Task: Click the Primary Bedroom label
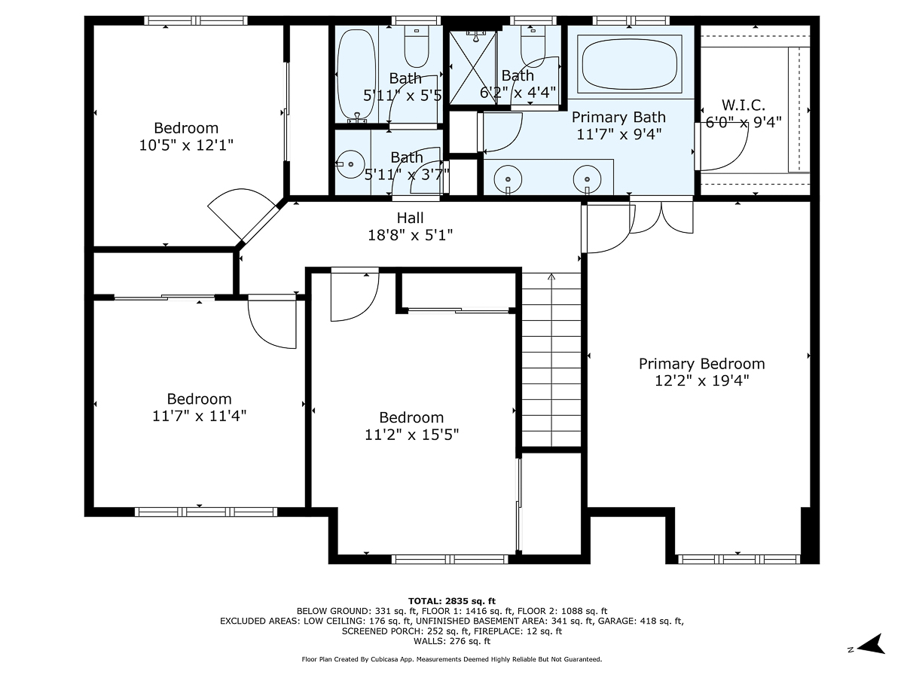tap(701, 364)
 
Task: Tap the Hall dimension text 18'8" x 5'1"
tap(411, 235)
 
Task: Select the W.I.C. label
tap(743, 105)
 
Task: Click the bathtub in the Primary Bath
tap(629, 64)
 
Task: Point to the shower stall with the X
tap(472, 68)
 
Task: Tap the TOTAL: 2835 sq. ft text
tap(452, 601)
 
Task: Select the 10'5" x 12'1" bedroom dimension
tap(186, 145)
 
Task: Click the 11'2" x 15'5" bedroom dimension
tap(411, 435)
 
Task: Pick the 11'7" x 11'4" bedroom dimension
tap(200, 416)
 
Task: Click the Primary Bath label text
tap(618, 118)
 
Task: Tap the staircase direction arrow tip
tap(551, 274)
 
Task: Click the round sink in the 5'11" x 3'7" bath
tap(350, 164)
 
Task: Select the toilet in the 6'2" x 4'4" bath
tap(533, 45)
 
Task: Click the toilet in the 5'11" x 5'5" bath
tap(417, 46)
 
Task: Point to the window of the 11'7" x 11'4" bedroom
tap(206, 512)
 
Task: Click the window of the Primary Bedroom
tap(739, 560)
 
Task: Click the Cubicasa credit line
tap(452, 659)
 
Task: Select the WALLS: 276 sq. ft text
tap(452, 641)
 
